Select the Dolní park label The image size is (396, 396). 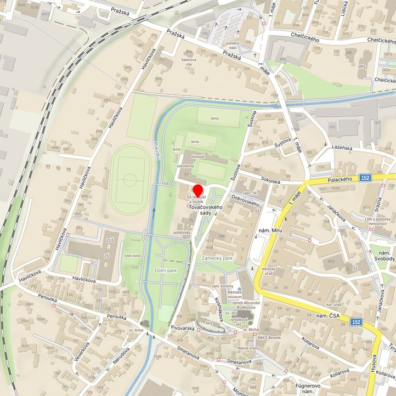tap(166, 270)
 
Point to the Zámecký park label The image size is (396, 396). tap(217, 258)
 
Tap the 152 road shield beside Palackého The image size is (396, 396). tap(366, 178)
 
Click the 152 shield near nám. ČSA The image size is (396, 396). tap(357, 322)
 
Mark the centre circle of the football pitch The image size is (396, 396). tap(130, 179)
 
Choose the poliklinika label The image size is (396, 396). tap(182, 233)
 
